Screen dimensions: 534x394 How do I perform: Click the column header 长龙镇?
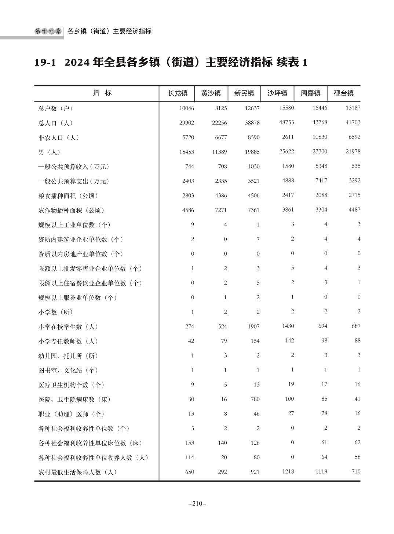tap(178, 93)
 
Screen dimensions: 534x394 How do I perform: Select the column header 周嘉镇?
tap(310, 93)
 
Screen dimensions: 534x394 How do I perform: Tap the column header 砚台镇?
tap(344, 93)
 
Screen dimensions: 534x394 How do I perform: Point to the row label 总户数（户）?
tap(56, 108)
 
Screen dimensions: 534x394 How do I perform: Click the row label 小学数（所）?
tap(56, 312)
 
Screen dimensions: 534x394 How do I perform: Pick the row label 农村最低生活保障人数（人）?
tap(78, 472)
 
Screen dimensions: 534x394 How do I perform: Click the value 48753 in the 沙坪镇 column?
tap(287, 122)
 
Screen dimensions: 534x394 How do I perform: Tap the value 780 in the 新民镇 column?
tap(255, 399)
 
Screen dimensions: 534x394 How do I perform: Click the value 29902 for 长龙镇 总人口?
tap(186, 123)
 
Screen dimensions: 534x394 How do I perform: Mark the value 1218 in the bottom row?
tap(288, 471)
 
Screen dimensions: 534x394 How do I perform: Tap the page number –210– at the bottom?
tap(197, 504)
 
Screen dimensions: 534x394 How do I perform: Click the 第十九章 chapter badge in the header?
tap(48, 31)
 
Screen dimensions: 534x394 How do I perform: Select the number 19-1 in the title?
tap(45, 63)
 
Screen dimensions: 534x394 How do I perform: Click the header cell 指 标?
tap(102, 93)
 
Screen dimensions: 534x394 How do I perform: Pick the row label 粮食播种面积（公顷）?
tap(68, 196)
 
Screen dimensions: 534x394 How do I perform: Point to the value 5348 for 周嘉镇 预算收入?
tap(321, 166)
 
